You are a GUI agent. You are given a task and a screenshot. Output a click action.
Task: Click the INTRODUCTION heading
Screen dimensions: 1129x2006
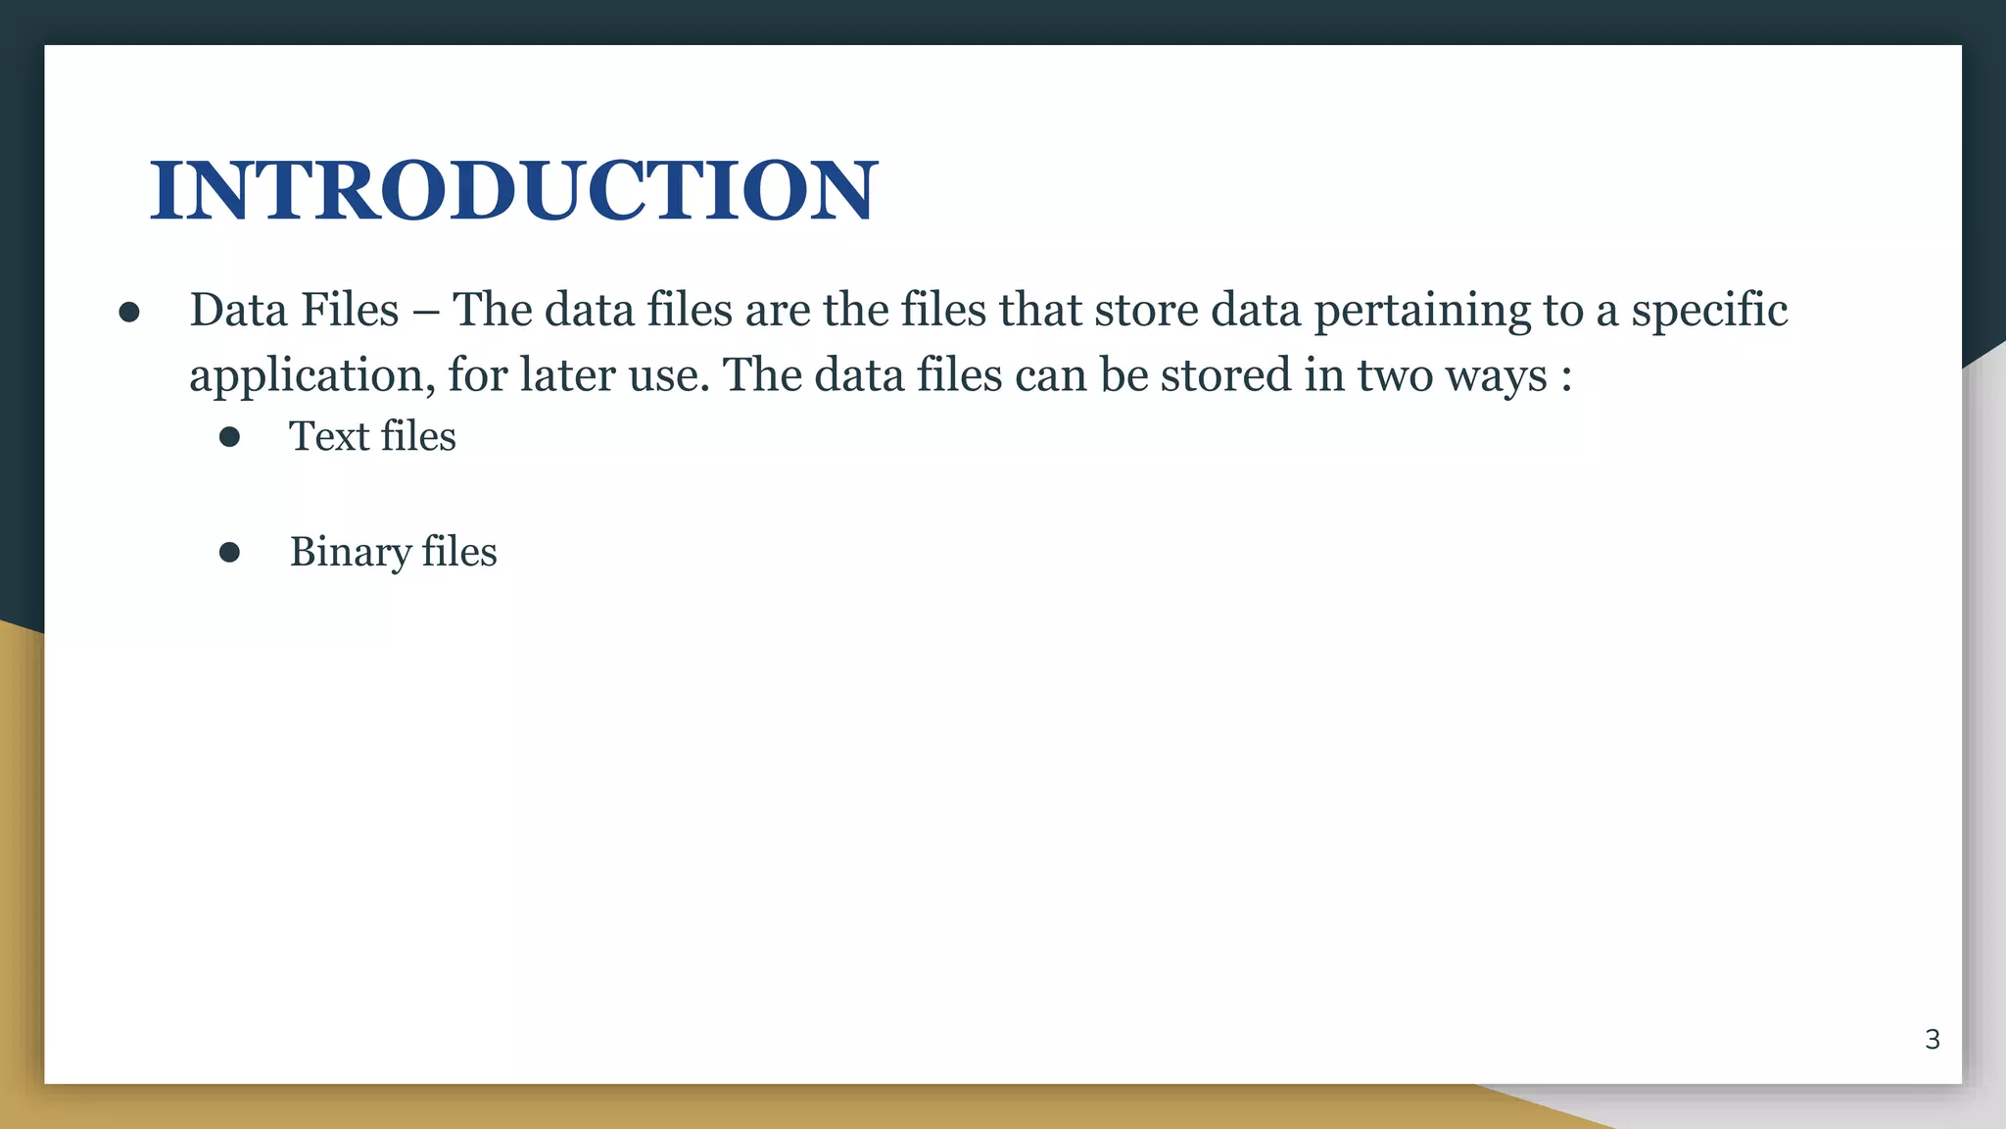[x=514, y=190]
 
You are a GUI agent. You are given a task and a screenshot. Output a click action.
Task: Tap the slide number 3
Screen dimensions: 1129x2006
[x=1932, y=1039]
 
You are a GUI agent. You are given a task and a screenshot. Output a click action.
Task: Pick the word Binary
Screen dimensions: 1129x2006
[x=350, y=553]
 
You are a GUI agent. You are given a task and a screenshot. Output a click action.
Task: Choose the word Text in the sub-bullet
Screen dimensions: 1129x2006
[x=328, y=436]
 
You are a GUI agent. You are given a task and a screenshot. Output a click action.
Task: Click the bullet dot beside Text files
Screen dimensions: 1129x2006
[x=230, y=437]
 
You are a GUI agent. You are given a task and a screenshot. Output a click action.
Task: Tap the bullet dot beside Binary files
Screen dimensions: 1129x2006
[x=230, y=553]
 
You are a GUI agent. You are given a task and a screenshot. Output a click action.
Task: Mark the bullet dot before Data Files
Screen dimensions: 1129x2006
[x=129, y=313]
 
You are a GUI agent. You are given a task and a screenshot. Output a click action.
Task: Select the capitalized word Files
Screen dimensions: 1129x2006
[x=350, y=310]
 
